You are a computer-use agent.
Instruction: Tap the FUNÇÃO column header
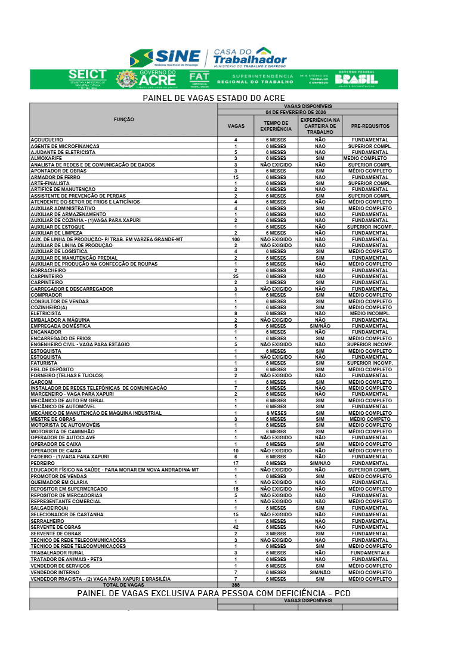(x=123, y=120)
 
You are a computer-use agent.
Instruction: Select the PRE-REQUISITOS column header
(x=370, y=127)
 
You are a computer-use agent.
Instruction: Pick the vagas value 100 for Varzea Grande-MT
(x=236, y=239)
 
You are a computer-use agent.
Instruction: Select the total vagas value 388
(x=236, y=585)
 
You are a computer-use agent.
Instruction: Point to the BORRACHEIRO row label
(x=49, y=270)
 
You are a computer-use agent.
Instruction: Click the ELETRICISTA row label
(x=46, y=313)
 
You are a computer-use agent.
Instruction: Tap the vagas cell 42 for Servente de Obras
(x=236, y=527)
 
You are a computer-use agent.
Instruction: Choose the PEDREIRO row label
(x=42, y=463)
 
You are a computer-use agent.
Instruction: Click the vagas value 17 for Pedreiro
(x=236, y=463)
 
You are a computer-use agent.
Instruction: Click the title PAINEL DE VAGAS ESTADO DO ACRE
(x=214, y=98)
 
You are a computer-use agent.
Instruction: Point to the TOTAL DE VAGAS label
(x=123, y=585)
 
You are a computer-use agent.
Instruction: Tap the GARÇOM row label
(x=42, y=382)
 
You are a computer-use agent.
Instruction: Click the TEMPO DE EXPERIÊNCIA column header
(x=276, y=126)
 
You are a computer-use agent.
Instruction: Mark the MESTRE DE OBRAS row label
(x=53, y=419)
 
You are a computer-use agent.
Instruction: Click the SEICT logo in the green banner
(x=88, y=78)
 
